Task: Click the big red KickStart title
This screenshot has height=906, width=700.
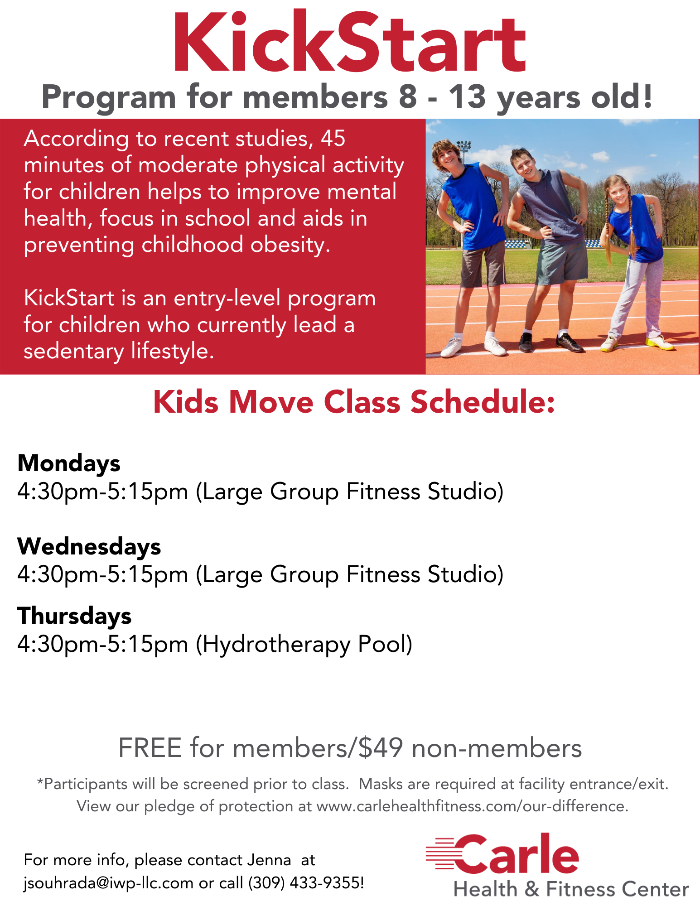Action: pyautogui.click(x=349, y=42)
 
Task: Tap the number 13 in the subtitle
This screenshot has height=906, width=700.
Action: pyautogui.click(x=467, y=97)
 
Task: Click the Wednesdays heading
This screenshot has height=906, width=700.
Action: pyautogui.click(x=89, y=546)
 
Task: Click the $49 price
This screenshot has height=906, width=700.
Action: pyautogui.click(x=380, y=748)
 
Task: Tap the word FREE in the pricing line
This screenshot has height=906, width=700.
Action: pyautogui.click(x=150, y=748)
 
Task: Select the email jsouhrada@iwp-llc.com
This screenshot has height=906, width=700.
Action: pyautogui.click(x=109, y=883)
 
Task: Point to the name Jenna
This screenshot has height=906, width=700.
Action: pyautogui.click(x=269, y=860)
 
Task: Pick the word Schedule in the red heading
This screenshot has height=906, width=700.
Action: pyautogui.click(x=483, y=402)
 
